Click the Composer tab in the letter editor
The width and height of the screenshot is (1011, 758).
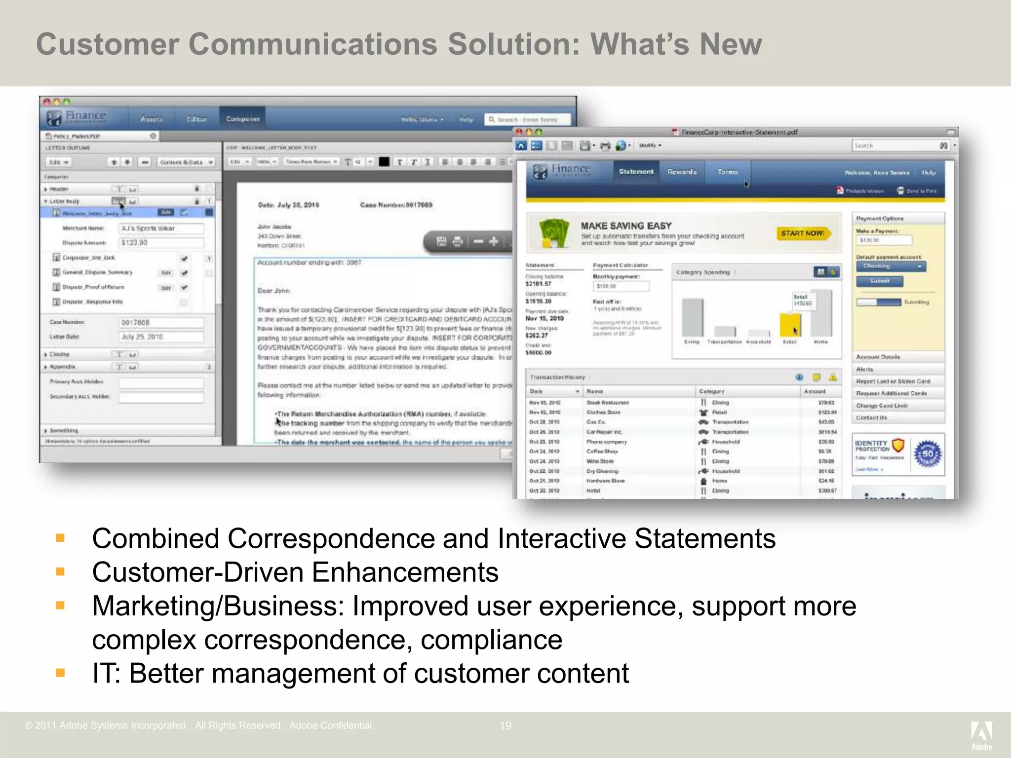coord(242,119)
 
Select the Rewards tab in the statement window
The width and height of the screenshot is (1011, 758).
coord(682,172)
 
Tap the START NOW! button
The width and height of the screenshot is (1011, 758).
coord(803,233)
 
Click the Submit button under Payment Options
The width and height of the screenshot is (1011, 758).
coord(879,281)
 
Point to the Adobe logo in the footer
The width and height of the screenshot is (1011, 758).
coord(981,734)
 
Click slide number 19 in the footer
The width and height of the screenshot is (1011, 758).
coord(505,726)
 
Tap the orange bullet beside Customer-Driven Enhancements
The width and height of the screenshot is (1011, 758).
coord(61,572)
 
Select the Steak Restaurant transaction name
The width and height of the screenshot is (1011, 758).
coord(607,403)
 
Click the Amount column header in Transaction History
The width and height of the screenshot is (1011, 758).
coord(815,391)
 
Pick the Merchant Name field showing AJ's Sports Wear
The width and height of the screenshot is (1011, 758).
coord(161,228)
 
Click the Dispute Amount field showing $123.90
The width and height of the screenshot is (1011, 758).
coord(161,243)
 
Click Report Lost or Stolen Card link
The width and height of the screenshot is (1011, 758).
coord(893,381)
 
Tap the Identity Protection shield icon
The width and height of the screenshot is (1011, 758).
coord(898,446)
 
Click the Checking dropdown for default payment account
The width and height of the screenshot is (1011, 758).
coord(891,266)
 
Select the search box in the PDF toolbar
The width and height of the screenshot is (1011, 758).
coord(894,146)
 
